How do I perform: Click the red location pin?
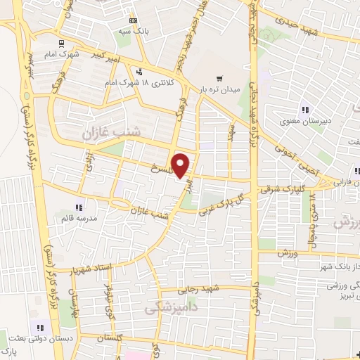181,165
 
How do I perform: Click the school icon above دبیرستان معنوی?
304,109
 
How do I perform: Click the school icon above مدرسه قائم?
79,207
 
